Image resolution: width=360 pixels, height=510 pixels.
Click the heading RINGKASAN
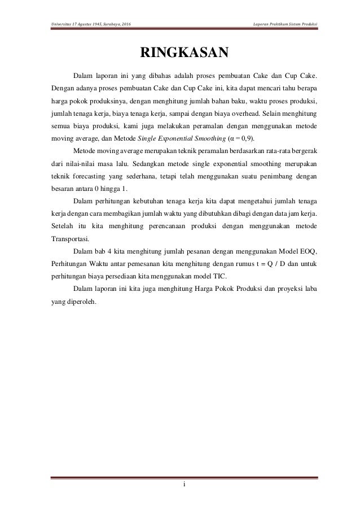[x=180, y=53]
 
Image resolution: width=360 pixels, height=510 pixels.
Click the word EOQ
[x=309, y=251]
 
